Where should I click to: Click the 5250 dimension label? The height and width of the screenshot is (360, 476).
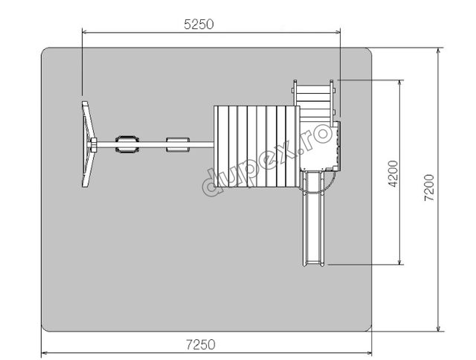click(x=199, y=25)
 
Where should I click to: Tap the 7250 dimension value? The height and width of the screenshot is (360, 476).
click(x=201, y=344)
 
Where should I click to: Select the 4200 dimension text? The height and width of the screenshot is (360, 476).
click(x=393, y=174)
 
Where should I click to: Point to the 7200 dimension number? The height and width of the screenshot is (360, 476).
click(x=429, y=187)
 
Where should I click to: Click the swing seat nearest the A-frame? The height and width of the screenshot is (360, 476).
click(x=127, y=144)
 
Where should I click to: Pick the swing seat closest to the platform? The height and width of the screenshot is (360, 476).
click(x=178, y=144)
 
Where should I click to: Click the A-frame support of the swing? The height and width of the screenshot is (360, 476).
click(x=89, y=144)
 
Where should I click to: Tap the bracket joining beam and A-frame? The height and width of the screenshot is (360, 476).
click(x=94, y=144)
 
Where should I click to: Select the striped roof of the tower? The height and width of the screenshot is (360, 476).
click(x=257, y=147)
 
